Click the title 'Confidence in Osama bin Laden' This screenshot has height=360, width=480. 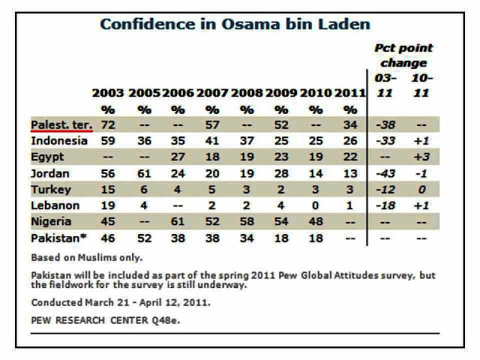coord(235,24)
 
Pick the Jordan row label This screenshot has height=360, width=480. coord(49,173)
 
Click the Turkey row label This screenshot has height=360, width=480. coord(50,189)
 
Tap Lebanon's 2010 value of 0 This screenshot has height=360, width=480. coord(314,205)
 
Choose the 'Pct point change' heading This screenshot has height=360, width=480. coord(403,55)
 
